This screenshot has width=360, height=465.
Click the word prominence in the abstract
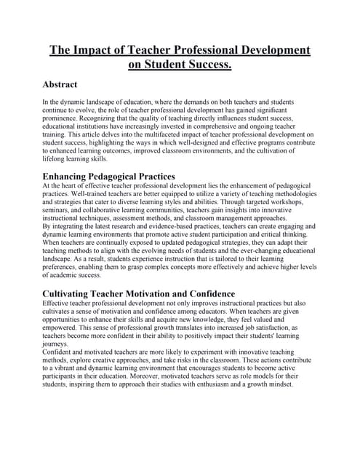(x=66, y=118)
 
